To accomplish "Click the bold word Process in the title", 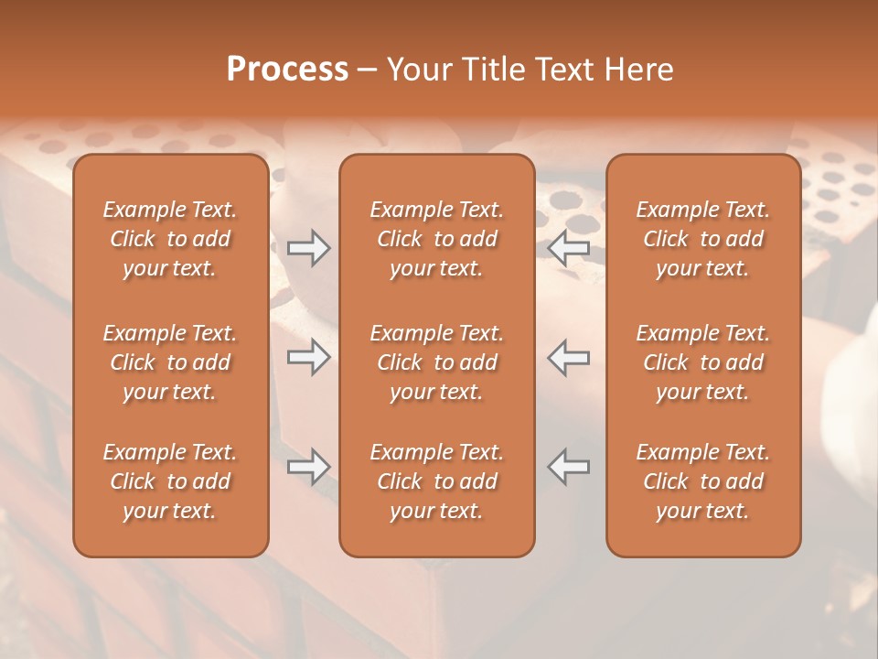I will coord(287,70).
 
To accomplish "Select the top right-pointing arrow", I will coord(308,248).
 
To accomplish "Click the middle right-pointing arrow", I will coord(308,357).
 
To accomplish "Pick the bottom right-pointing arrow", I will coord(308,467).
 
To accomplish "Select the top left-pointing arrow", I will coord(569,248).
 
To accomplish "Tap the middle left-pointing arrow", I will coord(569,357).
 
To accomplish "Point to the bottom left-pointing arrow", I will coord(569,467).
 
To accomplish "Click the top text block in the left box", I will coord(170,239).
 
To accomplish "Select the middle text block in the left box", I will coord(170,362).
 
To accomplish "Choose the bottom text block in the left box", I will coord(170,481).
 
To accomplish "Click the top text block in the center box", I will coord(436,239).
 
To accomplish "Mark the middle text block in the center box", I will coord(436,362).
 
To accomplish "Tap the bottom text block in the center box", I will coord(436,481).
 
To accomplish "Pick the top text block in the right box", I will coord(703,239).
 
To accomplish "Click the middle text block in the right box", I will coord(703,362).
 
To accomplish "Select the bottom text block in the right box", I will coord(703,481).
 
